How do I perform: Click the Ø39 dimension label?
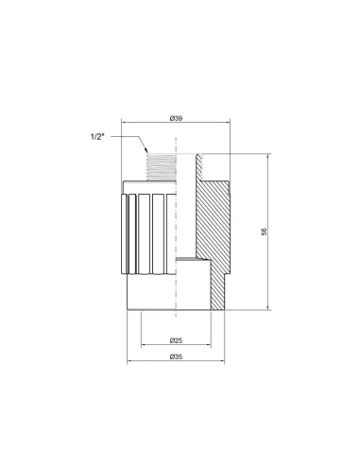point(176,118)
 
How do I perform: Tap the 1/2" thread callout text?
point(97,137)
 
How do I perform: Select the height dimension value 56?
point(264,232)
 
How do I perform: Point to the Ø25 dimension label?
point(176,340)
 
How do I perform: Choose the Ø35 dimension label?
point(176,356)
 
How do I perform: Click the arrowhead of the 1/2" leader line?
point(146,150)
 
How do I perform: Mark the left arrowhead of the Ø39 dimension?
point(124,122)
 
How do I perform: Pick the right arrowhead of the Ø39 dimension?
point(228,122)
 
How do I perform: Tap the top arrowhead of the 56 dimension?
point(268,156)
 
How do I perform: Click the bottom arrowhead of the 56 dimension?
point(268,307)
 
